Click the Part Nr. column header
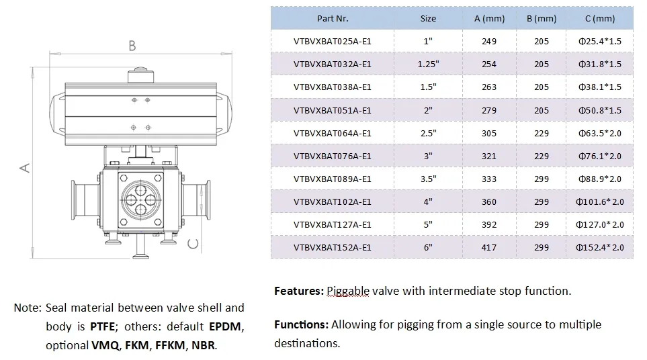click(332, 19)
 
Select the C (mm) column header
click(599, 19)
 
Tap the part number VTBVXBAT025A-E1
click(332, 42)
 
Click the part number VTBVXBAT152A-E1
click(332, 248)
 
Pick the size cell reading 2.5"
click(428, 134)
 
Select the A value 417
click(489, 248)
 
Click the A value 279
click(489, 110)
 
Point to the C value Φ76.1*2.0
click(599, 156)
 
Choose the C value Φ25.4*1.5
click(599, 42)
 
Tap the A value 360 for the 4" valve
click(489, 202)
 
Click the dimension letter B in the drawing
click(132, 46)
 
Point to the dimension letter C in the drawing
click(193, 243)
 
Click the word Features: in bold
click(299, 291)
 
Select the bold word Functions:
click(301, 324)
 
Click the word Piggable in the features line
click(348, 291)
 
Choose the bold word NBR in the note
click(204, 345)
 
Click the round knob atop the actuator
click(140, 70)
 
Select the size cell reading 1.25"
click(428, 64)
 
